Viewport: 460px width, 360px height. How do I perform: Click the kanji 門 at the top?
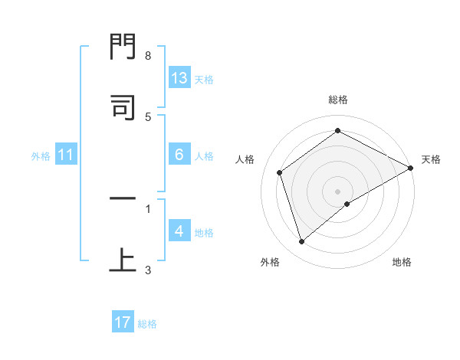tap(123, 51)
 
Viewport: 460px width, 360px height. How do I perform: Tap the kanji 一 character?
tap(123, 200)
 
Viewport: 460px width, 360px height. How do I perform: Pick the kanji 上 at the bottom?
tap(123, 260)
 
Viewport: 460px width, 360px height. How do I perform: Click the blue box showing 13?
tap(179, 77)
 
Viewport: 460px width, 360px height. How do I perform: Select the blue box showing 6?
tap(179, 155)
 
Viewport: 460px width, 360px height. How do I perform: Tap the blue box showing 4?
tap(179, 231)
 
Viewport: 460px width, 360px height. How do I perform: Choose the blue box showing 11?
tap(66, 155)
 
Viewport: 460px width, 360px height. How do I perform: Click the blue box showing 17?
tap(123, 322)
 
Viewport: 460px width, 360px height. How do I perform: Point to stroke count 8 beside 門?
tap(148, 56)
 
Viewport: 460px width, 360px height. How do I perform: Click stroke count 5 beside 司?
tap(148, 116)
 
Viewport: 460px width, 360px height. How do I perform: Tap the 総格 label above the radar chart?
tap(338, 100)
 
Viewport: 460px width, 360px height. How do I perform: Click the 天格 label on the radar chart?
tap(431, 159)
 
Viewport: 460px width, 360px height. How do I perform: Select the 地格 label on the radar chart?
tap(402, 262)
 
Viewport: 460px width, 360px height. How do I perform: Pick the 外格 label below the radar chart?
tap(270, 262)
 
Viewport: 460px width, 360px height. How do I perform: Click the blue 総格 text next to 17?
tap(148, 323)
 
